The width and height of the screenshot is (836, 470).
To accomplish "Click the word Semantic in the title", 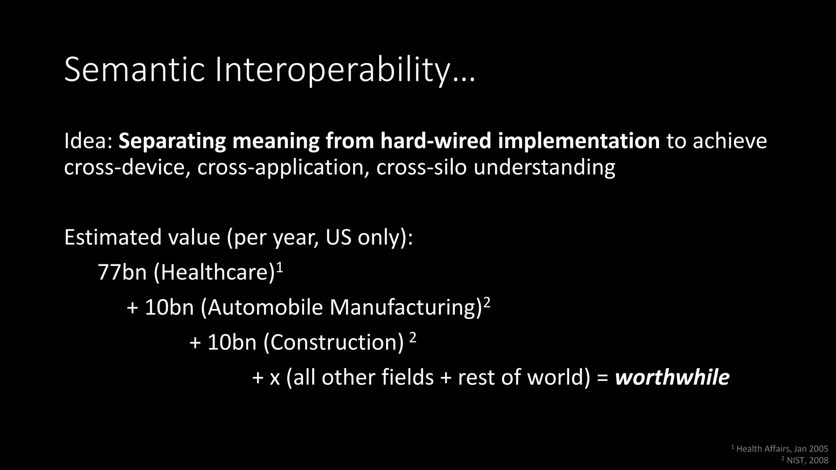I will [x=134, y=70].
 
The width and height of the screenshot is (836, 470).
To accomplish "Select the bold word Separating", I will [x=172, y=141].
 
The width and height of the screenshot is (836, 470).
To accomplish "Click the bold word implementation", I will [x=578, y=141].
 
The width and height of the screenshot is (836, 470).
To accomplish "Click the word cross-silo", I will [x=421, y=167].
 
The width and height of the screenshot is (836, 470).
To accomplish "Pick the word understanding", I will [x=544, y=167].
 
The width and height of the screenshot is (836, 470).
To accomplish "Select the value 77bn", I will [x=122, y=272].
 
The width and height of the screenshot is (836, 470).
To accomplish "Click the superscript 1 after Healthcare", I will [x=280, y=267].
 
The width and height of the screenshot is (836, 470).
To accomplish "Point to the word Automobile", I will [x=265, y=307].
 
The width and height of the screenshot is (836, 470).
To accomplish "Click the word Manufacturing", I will [x=403, y=307].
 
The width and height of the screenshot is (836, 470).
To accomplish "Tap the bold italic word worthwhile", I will [x=672, y=377].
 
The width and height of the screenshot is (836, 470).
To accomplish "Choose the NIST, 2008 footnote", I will [x=807, y=461].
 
